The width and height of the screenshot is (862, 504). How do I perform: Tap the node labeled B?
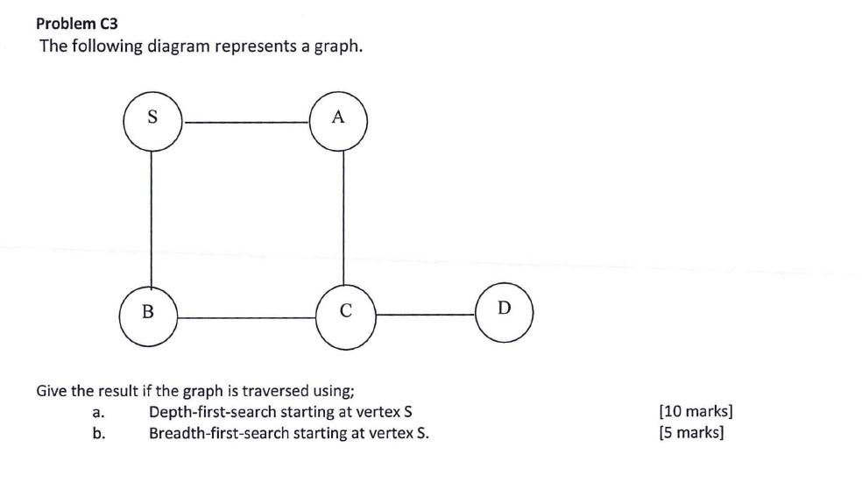(148, 311)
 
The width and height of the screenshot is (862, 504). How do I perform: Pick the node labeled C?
(345, 311)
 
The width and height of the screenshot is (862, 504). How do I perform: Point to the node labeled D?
(504, 309)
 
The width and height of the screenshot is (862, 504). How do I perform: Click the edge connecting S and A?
(245, 123)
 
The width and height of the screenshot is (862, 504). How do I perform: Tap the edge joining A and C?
(343, 215)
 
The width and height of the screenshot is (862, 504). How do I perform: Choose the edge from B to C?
(247, 317)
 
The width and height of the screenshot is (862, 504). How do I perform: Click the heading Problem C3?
(77, 24)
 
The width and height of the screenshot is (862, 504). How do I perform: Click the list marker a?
(98, 411)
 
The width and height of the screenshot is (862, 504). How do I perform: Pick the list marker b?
(98, 433)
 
